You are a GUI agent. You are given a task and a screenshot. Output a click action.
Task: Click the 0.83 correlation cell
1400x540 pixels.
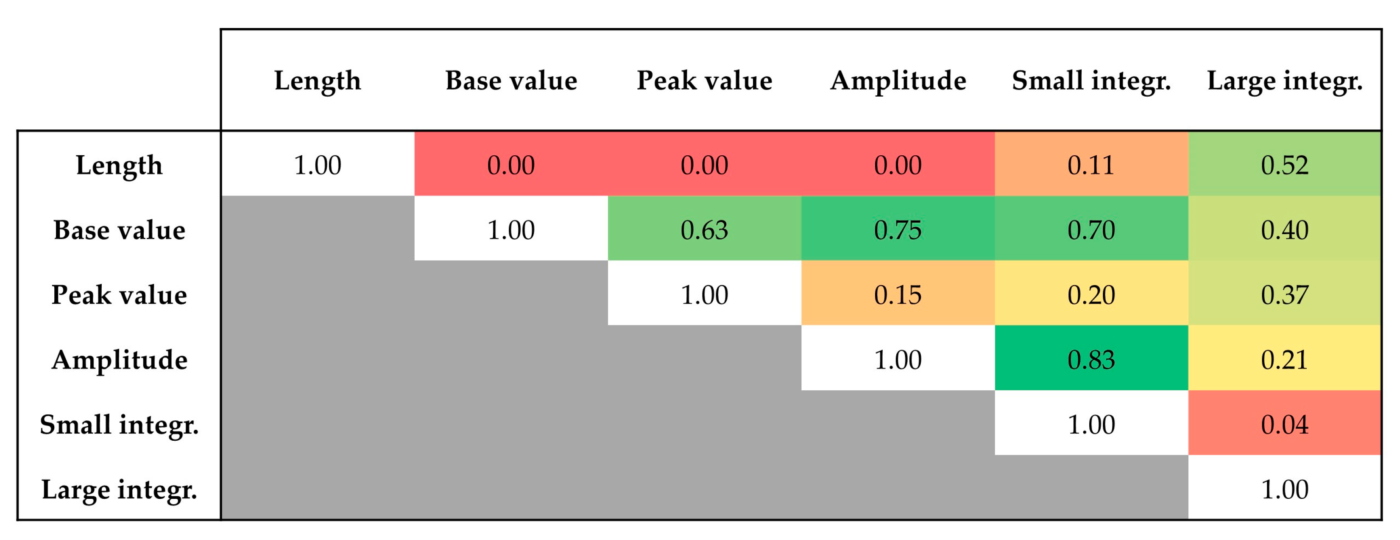(x=1091, y=359)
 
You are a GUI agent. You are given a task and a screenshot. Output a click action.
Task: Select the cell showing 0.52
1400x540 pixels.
(x=1284, y=165)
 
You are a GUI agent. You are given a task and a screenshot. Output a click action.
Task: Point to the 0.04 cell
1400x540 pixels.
(x=1284, y=424)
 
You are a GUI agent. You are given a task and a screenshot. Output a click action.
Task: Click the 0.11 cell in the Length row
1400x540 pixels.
(x=1091, y=165)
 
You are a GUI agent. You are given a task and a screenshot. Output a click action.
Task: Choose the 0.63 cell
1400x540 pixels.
(x=704, y=229)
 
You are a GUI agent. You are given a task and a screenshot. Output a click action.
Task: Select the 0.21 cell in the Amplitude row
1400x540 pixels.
(x=1284, y=359)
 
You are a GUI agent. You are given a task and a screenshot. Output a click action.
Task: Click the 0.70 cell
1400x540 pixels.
(x=1091, y=229)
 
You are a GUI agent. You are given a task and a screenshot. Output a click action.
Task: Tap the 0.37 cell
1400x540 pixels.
(x=1284, y=294)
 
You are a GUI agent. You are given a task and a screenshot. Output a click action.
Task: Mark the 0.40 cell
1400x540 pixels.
(x=1284, y=229)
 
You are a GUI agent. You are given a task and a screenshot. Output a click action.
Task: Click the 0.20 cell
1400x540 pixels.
(x=1091, y=294)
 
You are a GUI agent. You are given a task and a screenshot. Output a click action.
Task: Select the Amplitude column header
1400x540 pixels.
(x=898, y=81)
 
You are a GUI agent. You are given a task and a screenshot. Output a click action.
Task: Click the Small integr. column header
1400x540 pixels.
(x=1091, y=81)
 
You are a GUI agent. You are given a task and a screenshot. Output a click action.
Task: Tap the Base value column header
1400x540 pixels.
(x=511, y=81)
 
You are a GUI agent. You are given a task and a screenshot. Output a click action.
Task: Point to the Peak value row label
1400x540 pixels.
(x=119, y=294)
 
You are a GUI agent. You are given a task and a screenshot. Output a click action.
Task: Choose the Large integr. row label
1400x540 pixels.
(x=119, y=489)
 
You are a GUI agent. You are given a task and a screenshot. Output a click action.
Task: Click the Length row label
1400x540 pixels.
(x=119, y=165)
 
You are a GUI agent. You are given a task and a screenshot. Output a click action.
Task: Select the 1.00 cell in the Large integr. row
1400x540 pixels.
(x=1284, y=489)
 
